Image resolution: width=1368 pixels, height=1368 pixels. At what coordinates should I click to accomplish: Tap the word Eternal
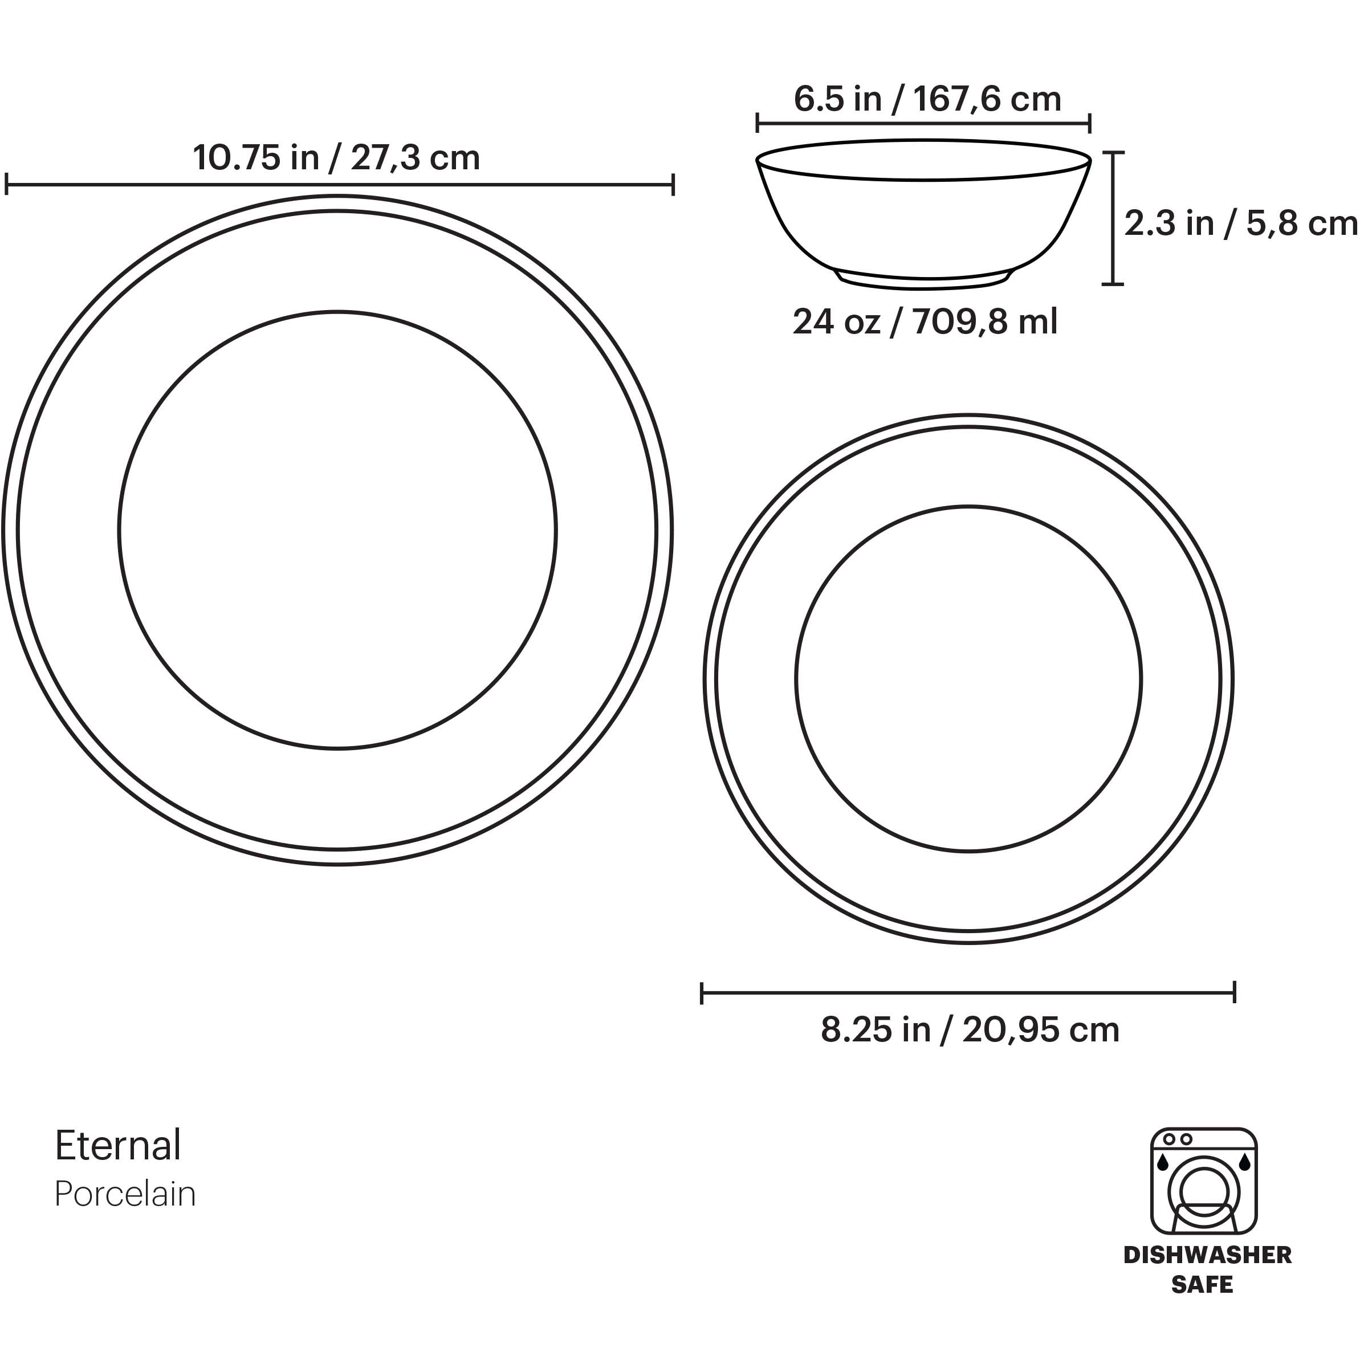coord(118,1146)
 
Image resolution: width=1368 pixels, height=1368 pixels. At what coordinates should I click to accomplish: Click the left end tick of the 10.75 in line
coord(6,185)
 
